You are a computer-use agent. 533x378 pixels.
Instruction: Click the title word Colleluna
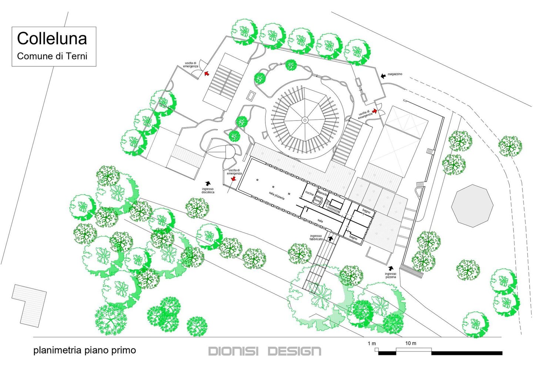(52, 39)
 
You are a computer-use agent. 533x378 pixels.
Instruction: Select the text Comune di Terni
(52, 56)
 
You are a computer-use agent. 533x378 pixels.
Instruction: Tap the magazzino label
(395, 74)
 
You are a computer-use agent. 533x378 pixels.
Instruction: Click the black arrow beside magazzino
(383, 76)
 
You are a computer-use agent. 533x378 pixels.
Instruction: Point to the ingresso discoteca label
(208, 191)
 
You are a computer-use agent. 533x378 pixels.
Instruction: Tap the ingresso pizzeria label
(390, 275)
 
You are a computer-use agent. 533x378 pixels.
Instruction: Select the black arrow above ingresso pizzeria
(391, 268)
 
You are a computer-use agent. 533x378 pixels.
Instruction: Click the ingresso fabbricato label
(316, 237)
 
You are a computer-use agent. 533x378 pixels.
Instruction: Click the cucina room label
(309, 194)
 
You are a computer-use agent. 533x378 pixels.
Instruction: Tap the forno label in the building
(317, 201)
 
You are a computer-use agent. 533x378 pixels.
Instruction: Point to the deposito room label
(322, 194)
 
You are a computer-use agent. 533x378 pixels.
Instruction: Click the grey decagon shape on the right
(472, 206)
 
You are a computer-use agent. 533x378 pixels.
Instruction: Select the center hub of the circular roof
(305, 120)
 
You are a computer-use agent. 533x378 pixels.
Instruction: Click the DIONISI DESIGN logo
(265, 351)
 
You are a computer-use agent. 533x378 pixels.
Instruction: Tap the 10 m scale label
(410, 343)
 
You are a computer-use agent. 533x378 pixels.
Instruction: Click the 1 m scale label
(372, 344)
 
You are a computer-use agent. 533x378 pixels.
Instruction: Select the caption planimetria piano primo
(84, 350)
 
